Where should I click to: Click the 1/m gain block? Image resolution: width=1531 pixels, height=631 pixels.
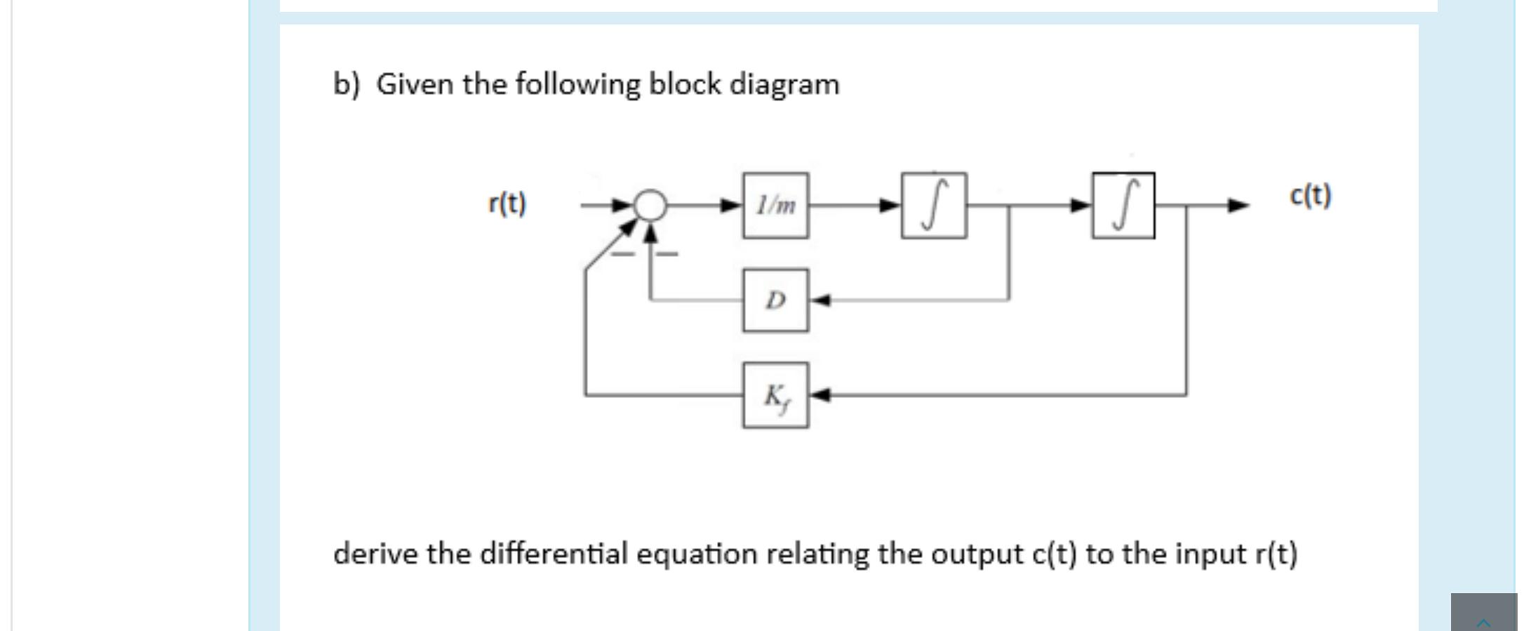[775, 205]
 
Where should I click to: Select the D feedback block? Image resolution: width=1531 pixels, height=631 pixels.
[775, 300]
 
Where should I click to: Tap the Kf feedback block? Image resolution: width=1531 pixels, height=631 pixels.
[775, 395]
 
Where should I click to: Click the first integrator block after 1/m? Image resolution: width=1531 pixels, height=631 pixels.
[933, 205]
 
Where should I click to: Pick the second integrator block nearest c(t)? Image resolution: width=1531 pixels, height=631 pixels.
[1123, 205]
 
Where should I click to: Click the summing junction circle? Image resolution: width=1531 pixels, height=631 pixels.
[650, 205]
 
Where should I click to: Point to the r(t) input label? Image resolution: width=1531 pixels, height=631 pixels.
[507, 204]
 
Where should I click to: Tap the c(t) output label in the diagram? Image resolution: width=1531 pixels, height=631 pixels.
[1310, 195]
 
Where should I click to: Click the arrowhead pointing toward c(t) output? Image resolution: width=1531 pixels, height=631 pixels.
[1238, 206]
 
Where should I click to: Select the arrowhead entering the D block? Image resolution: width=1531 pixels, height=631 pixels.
[821, 300]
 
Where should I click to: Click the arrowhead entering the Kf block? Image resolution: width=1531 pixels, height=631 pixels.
[821, 395]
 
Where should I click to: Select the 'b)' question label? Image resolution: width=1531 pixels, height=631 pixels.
[346, 85]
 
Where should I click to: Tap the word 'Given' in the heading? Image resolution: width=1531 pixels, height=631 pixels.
[414, 85]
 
